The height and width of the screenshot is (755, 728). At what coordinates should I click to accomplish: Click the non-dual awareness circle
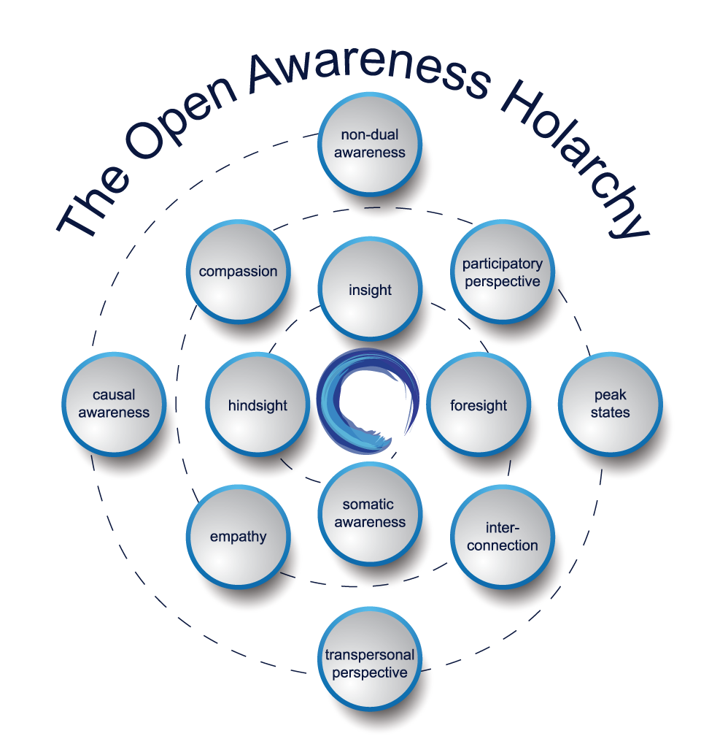(370, 144)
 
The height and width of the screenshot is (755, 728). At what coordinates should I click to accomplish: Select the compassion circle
(239, 272)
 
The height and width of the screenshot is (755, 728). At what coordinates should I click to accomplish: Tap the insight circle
(370, 289)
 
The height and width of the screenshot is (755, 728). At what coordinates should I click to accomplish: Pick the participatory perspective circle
(503, 272)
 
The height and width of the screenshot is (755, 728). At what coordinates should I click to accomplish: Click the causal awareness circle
(114, 404)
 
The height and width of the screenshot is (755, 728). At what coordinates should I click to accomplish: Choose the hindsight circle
(258, 405)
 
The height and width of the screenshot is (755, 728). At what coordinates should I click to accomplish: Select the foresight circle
(479, 405)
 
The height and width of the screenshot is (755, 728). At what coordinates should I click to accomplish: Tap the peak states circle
(610, 404)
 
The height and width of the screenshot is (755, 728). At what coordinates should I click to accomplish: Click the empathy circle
(239, 537)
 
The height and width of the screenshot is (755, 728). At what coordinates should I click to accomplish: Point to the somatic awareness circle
(370, 514)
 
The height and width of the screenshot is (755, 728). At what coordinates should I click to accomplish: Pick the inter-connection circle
(503, 537)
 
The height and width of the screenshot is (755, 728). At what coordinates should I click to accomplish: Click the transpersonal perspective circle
(370, 659)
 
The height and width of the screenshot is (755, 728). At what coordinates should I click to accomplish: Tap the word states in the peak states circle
(610, 412)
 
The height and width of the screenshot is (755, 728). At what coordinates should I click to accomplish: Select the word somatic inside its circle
(368, 504)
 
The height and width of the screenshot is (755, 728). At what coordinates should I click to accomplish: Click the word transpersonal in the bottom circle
(370, 654)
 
